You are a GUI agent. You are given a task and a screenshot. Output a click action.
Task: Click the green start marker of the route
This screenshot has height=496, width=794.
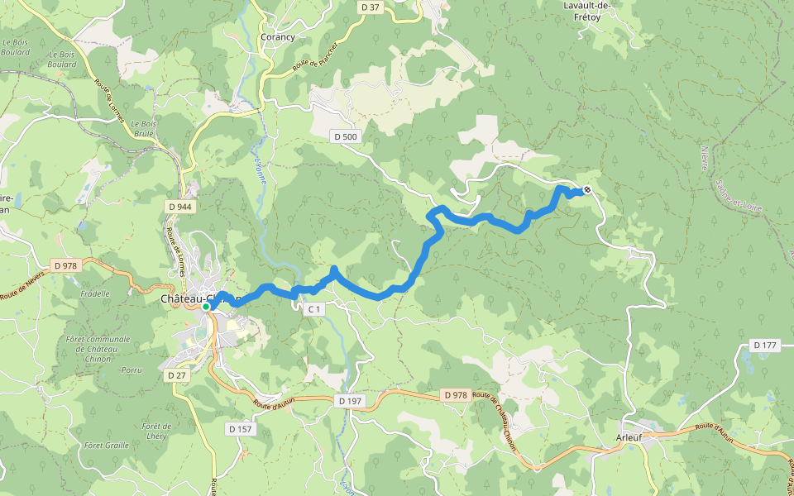tap(206, 306)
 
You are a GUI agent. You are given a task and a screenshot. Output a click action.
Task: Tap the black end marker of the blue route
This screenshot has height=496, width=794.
tap(587, 190)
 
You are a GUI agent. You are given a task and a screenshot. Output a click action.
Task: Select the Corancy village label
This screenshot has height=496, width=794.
tap(278, 37)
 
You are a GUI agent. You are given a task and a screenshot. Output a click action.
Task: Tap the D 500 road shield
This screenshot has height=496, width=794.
tap(346, 136)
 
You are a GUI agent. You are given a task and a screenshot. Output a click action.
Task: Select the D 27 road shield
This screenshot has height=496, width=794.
tap(177, 375)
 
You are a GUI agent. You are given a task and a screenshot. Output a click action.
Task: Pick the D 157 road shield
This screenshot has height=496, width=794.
tap(241, 429)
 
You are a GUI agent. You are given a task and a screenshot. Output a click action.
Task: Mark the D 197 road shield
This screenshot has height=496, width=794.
tap(351, 401)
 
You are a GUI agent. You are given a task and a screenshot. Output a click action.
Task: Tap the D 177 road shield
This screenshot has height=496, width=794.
tap(766, 345)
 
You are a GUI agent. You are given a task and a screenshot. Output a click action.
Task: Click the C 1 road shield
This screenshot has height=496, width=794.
tap(313, 309)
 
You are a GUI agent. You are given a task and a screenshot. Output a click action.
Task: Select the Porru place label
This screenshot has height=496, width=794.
tap(132, 370)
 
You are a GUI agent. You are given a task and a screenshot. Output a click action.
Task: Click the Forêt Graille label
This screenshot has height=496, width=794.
tap(106, 445)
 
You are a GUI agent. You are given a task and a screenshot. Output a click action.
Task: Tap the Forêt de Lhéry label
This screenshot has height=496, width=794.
tap(155, 431)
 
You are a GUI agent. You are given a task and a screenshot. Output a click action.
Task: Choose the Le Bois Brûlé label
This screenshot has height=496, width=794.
tap(144, 132)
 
